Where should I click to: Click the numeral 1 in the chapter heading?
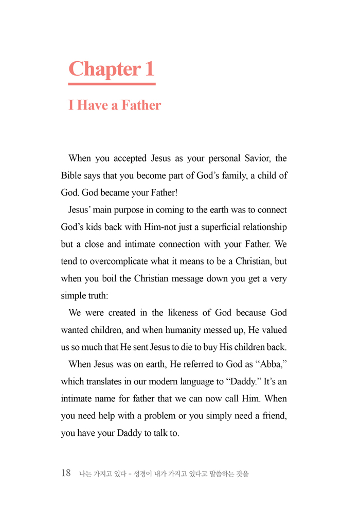(x=149, y=69)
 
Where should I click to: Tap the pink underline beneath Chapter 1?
(x=112, y=83)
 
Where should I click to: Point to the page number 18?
(x=66, y=473)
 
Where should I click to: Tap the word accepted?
(x=126, y=158)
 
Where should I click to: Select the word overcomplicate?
(x=117, y=261)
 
